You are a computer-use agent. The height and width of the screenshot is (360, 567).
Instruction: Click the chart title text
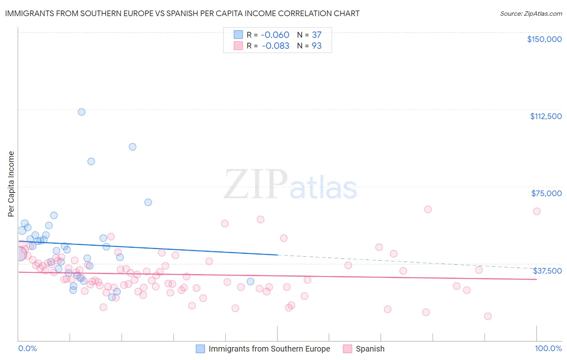182,13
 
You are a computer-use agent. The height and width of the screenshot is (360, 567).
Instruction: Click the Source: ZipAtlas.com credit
531,13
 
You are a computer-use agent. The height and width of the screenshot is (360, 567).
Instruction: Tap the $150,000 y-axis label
544,39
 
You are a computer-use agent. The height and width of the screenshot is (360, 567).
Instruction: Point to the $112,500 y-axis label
546,116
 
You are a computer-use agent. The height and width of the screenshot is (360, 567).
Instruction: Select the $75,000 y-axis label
546,193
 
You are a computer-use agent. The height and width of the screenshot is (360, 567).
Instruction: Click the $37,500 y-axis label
547,271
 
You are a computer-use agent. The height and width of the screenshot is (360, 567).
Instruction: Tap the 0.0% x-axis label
27,348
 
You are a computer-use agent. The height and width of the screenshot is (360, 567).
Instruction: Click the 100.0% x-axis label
548,348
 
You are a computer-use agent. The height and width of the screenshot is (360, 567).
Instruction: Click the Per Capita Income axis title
11,184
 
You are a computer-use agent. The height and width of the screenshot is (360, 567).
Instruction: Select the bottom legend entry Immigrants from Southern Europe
269,349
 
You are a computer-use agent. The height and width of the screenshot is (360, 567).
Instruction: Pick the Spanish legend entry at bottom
370,349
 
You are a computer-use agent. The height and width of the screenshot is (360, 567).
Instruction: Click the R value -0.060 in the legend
275,35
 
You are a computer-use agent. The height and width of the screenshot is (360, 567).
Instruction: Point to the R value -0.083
275,46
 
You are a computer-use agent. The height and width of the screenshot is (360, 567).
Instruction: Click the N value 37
317,35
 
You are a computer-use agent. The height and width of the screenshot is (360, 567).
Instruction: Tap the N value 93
317,46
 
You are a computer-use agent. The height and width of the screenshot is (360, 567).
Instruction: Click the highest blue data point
81,112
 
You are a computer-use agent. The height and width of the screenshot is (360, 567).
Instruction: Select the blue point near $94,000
132,147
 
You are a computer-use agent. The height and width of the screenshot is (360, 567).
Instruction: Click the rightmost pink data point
536,211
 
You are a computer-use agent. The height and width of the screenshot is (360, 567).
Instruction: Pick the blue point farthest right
250,281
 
